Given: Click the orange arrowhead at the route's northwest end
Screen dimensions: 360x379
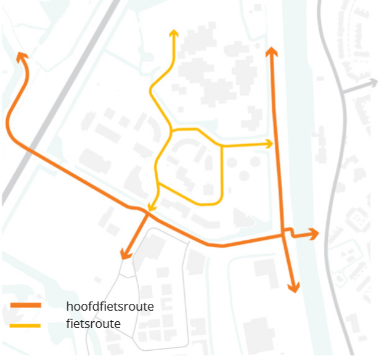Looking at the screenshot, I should click(x=22, y=57).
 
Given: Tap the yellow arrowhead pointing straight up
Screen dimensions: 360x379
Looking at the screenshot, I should click(x=174, y=33).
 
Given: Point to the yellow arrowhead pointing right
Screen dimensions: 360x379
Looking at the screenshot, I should click(x=269, y=144).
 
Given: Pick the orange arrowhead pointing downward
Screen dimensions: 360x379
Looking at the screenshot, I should click(x=294, y=287).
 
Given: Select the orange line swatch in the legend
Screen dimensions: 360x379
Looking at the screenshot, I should click(x=25, y=306).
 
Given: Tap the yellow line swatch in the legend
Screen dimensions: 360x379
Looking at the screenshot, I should click(x=25, y=324).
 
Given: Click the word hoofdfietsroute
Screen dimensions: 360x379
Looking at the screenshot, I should click(x=110, y=306).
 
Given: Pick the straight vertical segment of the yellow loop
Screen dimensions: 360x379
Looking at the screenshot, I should click(x=222, y=173).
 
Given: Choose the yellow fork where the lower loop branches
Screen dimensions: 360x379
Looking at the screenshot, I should click(x=158, y=183).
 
